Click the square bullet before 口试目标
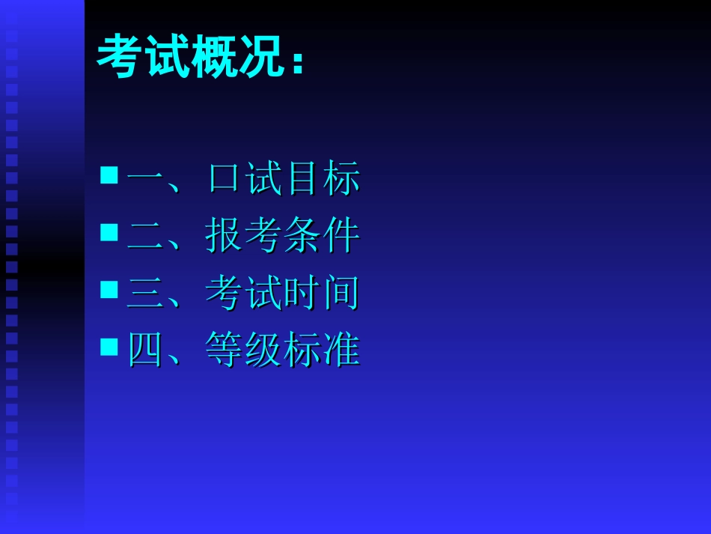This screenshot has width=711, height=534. [x=109, y=175]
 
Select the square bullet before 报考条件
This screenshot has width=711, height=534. [x=109, y=232]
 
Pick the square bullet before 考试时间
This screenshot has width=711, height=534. [x=109, y=289]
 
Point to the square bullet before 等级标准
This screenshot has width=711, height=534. [x=109, y=346]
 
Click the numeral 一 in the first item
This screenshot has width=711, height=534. [x=145, y=180]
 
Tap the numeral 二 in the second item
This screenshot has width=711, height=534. [x=145, y=237]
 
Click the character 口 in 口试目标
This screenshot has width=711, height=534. [x=225, y=180]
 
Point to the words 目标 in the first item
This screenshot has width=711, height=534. [x=322, y=180]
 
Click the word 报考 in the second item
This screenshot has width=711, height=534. [x=243, y=237]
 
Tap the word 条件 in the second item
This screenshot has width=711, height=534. [x=322, y=237]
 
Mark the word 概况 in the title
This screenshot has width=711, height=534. [x=239, y=57]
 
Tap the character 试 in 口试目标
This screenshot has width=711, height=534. [x=263, y=180]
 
